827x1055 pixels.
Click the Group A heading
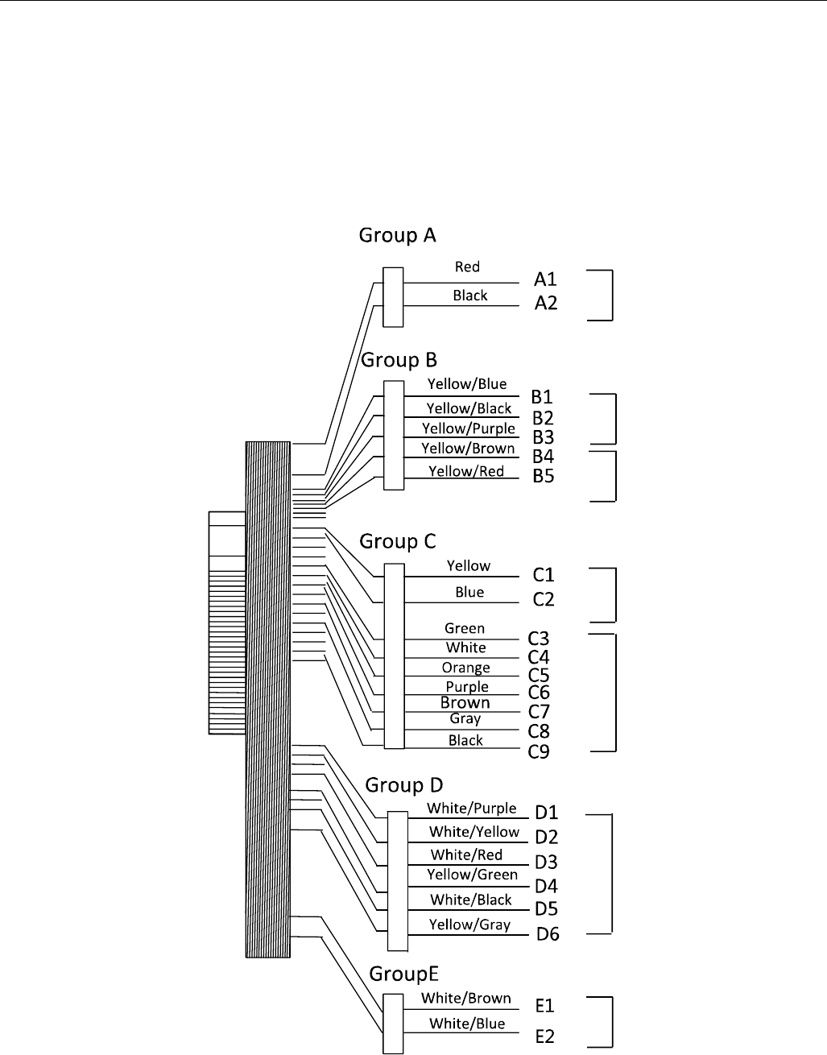click(x=397, y=235)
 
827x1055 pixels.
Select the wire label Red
click(x=467, y=267)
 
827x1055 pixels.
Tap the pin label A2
click(x=546, y=304)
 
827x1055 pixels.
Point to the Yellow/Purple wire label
click(x=469, y=428)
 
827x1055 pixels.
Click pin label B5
click(x=544, y=476)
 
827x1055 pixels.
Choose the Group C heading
click(x=397, y=541)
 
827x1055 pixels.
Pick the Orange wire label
click(x=465, y=668)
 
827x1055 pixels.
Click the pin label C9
click(x=539, y=752)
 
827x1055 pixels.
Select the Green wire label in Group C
click(x=465, y=628)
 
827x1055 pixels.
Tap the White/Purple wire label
click(x=472, y=808)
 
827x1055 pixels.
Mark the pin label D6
click(x=548, y=934)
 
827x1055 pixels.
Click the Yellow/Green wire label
click(x=473, y=875)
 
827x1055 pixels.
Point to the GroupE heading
click(x=404, y=974)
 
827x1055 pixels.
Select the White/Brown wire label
click(x=466, y=999)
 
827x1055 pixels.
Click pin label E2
click(x=545, y=1036)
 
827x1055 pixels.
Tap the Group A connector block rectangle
click(x=393, y=297)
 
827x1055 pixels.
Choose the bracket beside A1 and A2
click(x=611, y=296)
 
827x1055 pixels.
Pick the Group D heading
click(x=403, y=785)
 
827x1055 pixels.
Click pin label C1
click(x=544, y=575)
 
